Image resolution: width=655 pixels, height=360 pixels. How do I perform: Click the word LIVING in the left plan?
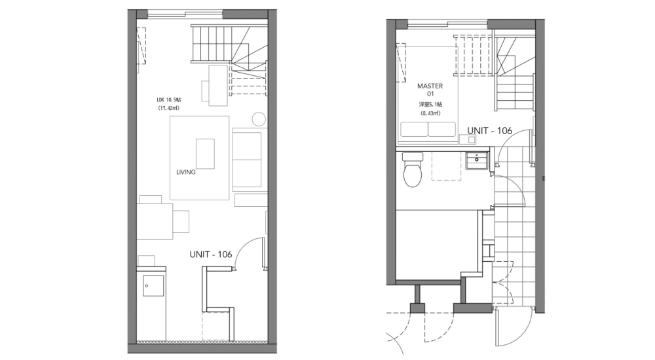(186, 173)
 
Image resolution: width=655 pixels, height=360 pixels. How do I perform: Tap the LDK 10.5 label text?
(169, 99)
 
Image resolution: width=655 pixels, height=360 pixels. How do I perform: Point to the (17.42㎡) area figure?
(169, 109)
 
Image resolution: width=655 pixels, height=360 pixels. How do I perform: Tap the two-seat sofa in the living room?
(247, 159)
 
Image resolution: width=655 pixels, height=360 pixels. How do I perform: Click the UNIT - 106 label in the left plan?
(210, 255)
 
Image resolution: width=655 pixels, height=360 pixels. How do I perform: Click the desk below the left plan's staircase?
(214, 84)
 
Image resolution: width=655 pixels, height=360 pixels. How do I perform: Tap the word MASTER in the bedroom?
(430, 86)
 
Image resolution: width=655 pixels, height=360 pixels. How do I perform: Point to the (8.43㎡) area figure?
(430, 113)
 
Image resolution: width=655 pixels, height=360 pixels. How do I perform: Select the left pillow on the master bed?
(413, 130)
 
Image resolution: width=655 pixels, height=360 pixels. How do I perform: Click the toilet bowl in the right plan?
(412, 172)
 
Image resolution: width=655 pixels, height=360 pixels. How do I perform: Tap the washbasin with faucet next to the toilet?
(476, 160)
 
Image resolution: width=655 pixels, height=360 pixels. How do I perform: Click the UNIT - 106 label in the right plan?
(490, 131)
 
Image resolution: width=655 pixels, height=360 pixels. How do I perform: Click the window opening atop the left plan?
(185, 14)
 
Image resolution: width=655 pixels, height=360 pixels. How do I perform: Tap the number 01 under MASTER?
(430, 95)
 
